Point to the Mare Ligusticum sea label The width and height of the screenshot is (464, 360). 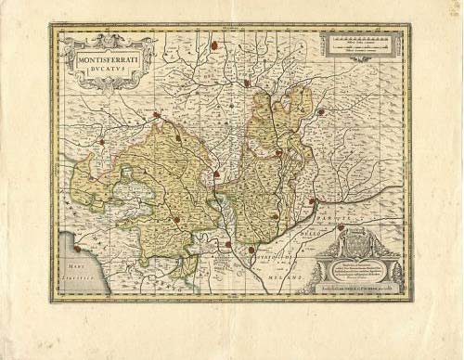tap(80, 276)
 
